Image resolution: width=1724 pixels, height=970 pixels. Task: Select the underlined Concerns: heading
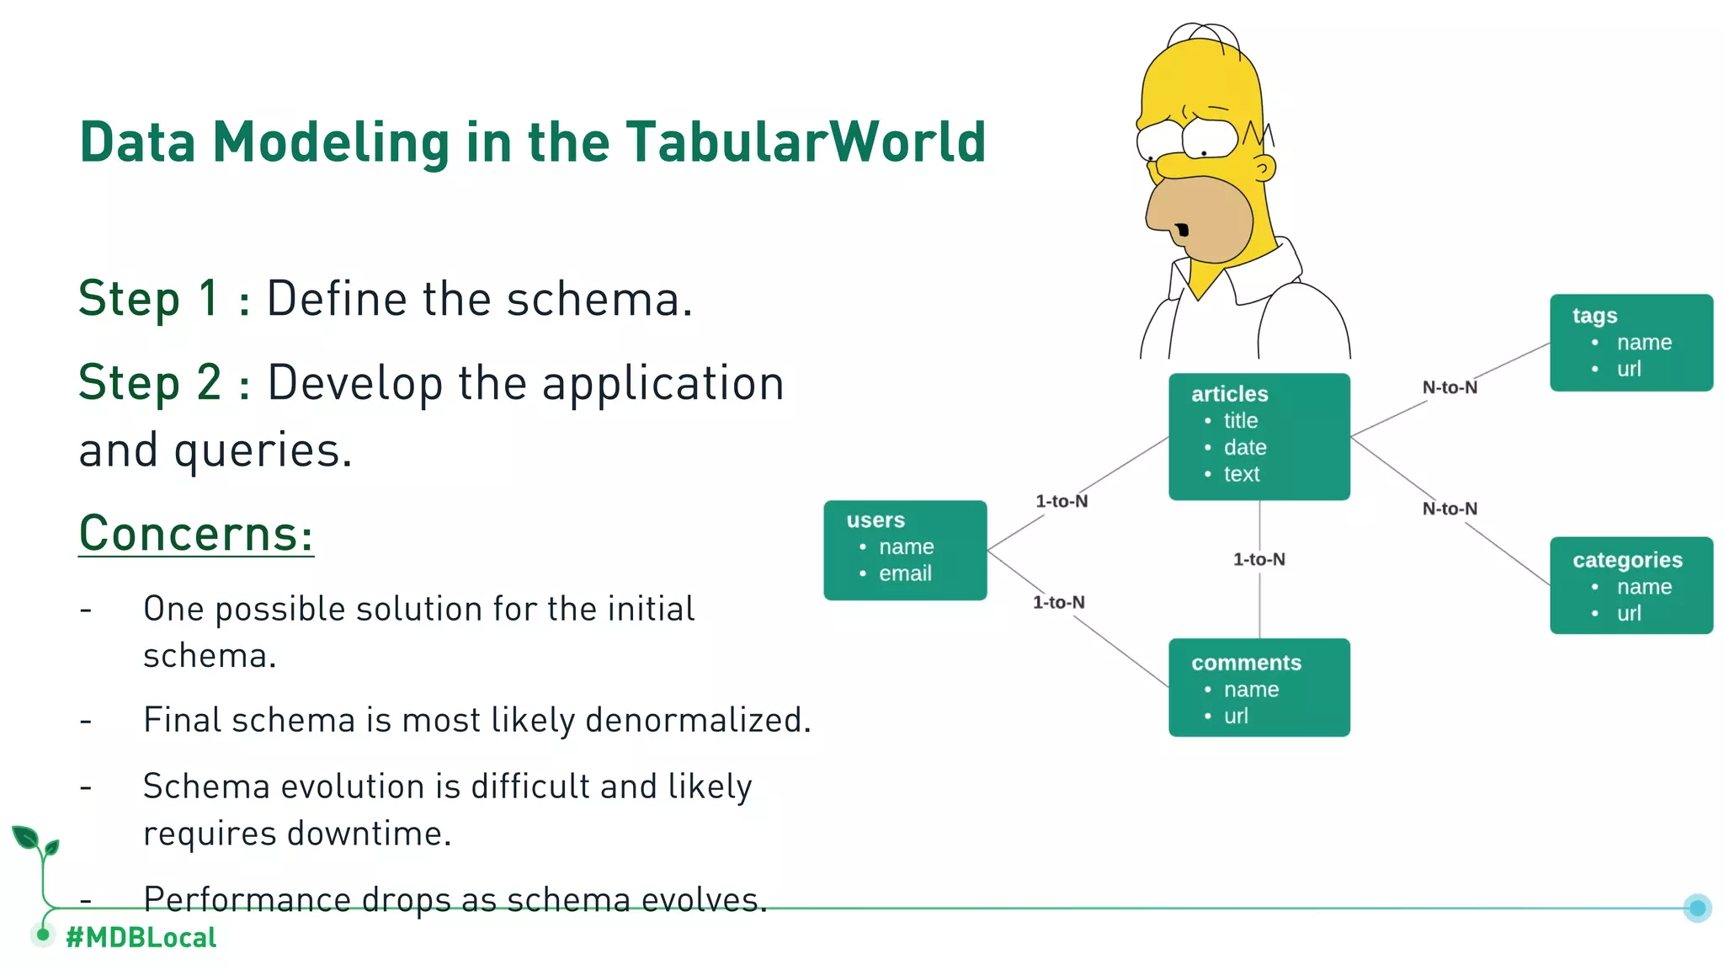[195, 534]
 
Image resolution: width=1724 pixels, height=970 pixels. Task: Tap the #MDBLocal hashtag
[141, 937]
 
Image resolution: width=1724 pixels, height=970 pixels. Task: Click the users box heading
[875, 520]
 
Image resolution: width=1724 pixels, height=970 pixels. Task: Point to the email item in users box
[905, 573]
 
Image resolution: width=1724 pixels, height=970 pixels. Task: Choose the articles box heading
[1229, 394]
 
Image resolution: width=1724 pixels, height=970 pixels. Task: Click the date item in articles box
[1244, 447]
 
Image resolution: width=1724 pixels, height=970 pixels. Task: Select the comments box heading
[1246, 664]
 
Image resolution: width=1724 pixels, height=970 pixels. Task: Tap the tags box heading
[1594, 316]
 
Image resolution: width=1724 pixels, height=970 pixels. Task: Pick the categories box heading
[1627, 560]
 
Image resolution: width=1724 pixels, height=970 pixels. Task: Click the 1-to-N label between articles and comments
[1258, 559]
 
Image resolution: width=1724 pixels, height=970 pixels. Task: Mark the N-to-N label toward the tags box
[1450, 387]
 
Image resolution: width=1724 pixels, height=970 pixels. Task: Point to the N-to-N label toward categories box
[1450, 509]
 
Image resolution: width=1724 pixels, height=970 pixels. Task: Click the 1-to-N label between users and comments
[1058, 602]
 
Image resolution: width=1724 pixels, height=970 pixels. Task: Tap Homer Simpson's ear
[1264, 169]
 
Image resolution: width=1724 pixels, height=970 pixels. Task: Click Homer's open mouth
[1183, 230]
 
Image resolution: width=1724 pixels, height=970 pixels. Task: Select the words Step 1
[149, 299]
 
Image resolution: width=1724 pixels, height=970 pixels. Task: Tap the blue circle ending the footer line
[1697, 908]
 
